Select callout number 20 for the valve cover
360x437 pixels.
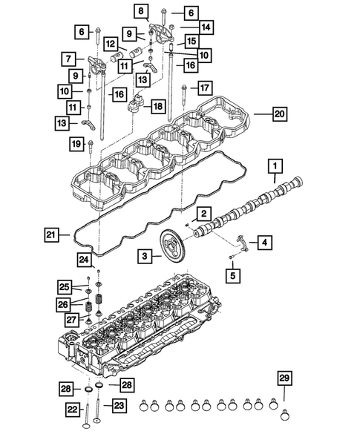coord(279,115)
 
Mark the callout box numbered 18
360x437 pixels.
coord(157,107)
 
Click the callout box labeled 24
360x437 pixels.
coord(85,260)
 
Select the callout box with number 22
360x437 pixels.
coord(71,408)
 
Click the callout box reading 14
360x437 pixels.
coord(206,27)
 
